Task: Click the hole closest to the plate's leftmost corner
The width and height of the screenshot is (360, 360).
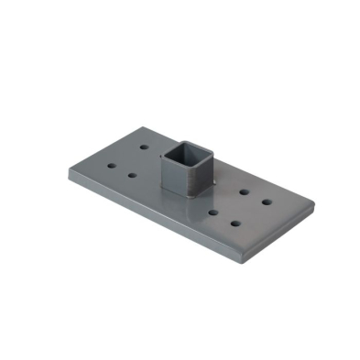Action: point(112,166)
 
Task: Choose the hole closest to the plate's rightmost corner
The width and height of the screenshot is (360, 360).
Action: point(267,201)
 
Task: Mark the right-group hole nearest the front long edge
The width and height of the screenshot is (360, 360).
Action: point(235,224)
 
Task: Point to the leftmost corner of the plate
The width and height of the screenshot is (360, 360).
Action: point(69,169)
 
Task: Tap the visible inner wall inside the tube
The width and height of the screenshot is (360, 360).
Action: point(194,149)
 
